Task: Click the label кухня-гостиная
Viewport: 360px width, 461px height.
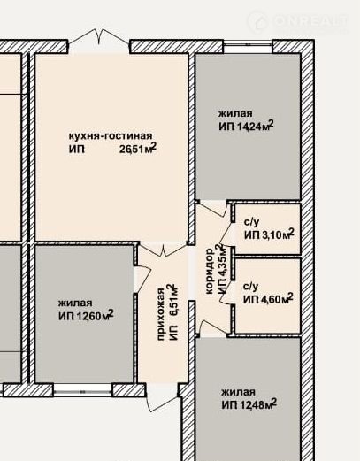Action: click(x=111, y=136)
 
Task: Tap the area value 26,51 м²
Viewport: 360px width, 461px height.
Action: click(x=138, y=149)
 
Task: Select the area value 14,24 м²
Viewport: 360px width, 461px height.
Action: click(x=255, y=126)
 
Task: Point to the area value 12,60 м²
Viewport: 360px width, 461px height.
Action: click(x=95, y=315)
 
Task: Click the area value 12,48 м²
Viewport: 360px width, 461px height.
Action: click(x=257, y=404)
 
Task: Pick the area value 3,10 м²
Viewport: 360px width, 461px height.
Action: click(x=277, y=234)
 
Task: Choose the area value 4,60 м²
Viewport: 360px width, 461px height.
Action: click(x=277, y=299)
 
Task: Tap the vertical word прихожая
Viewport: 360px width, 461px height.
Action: click(x=161, y=314)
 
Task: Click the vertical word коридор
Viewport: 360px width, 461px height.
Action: click(x=209, y=271)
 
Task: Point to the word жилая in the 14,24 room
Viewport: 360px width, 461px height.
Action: click(x=235, y=113)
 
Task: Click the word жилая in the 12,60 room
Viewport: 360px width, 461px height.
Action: click(x=75, y=303)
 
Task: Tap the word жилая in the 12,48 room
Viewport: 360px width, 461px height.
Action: click(x=238, y=392)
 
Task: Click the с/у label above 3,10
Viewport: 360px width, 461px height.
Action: click(x=251, y=222)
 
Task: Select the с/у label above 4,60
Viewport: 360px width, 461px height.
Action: click(x=251, y=287)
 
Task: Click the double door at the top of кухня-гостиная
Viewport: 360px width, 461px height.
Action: click(x=99, y=41)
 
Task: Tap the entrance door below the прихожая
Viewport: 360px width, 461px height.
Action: click(x=163, y=397)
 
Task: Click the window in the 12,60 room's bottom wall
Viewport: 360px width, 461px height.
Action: click(x=83, y=390)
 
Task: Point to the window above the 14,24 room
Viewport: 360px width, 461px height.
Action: click(x=248, y=46)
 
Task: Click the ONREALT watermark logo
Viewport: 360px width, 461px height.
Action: click(x=298, y=21)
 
